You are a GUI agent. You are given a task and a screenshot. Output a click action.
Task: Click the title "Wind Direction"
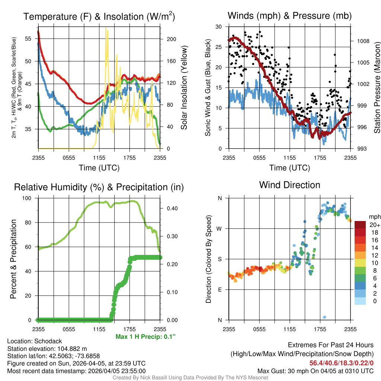289,185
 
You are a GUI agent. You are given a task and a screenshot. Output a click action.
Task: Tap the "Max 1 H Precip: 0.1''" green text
145,337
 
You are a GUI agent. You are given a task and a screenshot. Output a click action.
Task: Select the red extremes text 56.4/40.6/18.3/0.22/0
341,363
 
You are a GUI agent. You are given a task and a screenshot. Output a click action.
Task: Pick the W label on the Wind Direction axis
220,228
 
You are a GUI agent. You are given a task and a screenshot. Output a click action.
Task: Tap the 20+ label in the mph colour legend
374,225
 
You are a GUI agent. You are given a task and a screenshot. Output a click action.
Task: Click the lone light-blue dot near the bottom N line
324,317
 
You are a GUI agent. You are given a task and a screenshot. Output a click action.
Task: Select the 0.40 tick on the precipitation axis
172,208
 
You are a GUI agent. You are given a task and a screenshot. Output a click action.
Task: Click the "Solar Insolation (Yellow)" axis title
184,88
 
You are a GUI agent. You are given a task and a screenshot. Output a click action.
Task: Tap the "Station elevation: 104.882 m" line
47,349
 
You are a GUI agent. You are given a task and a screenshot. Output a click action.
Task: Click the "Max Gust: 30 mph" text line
316,371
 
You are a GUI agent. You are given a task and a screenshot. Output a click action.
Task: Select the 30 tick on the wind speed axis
219,27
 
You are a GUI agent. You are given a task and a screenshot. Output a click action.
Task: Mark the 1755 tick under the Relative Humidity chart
129,329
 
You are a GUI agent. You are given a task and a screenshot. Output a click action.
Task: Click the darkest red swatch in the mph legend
360,225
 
